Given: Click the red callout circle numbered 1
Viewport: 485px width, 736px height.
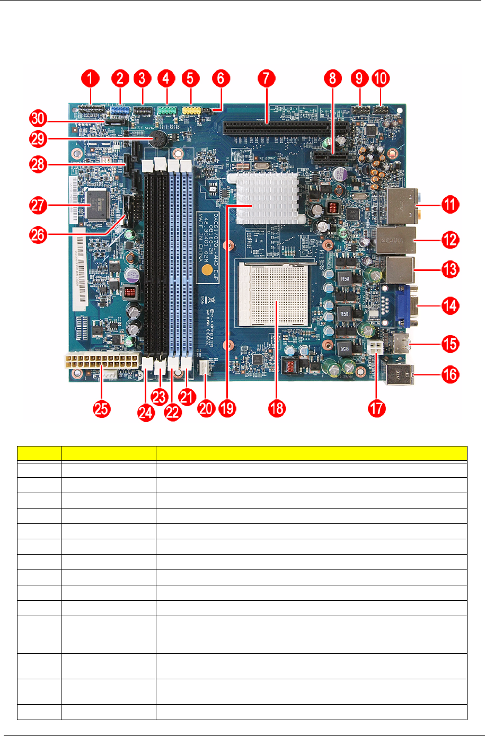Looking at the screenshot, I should pyautogui.click(x=90, y=79).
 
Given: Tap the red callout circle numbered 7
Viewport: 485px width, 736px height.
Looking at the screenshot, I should pyautogui.click(x=266, y=79).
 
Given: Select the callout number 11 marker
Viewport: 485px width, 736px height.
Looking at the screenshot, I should pyautogui.click(x=450, y=204).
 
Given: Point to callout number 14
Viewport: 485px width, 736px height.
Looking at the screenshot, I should pyautogui.click(x=450, y=305).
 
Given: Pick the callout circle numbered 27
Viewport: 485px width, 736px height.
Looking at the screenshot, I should pyautogui.click(x=38, y=205).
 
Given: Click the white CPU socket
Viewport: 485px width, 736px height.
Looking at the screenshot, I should pyautogui.click(x=276, y=295).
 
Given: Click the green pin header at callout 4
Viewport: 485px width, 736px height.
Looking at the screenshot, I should pyautogui.click(x=167, y=110).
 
